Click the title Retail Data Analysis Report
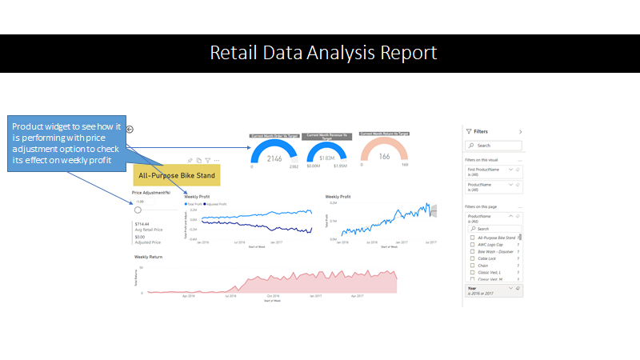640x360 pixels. click(x=323, y=53)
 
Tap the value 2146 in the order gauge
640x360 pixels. click(x=275, y=158)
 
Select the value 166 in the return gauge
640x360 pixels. click(x=384, y=157)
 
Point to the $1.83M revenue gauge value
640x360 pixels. click(x=326, y=158)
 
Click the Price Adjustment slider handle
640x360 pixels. click(x=138, y=210)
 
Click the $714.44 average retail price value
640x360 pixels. click(x=142, y=224)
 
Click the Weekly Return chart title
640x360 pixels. click(x=148, y=257)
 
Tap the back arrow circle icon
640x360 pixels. click(x=130, y=130)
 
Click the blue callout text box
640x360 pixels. click(x=67, y=143)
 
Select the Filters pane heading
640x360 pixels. click(x=481, y=131)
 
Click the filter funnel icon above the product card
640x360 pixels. click(x=207, y=160)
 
